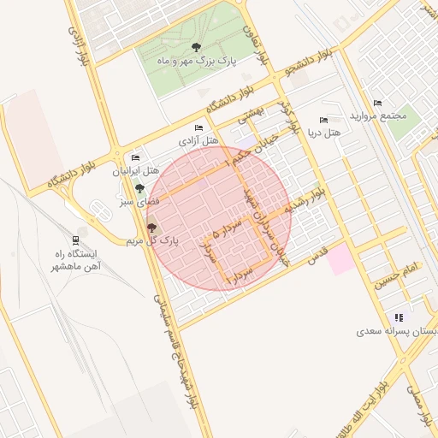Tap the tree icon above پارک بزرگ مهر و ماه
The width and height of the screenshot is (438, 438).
coord(198,47)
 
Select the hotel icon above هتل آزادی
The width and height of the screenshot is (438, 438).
coord(198,128)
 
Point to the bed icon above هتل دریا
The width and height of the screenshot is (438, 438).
coord(323,121)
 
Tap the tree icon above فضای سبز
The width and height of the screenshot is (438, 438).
coord(139,188)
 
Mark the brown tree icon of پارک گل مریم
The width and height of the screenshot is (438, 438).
coord(152,228)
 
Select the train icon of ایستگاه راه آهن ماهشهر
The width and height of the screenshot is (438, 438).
coord(75,240)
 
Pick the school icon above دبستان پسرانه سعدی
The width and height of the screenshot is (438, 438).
coord(399,317)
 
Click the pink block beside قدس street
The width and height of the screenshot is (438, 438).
coord(341,258)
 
